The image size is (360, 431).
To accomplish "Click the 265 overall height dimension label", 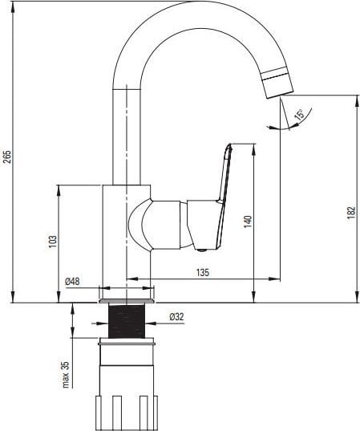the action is point(8,157).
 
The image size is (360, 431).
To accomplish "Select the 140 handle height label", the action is point(248,222).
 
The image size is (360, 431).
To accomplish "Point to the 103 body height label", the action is point(53,242).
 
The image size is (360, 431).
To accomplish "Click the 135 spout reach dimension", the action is point(203,272).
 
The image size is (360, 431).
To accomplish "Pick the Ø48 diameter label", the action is point(72,281).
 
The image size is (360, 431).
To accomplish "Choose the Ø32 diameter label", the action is point(176,317).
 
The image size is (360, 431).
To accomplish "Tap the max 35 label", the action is point(66,374).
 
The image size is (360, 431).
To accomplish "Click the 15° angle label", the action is point(300,114).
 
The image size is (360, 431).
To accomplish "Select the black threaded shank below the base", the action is point(127,321).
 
